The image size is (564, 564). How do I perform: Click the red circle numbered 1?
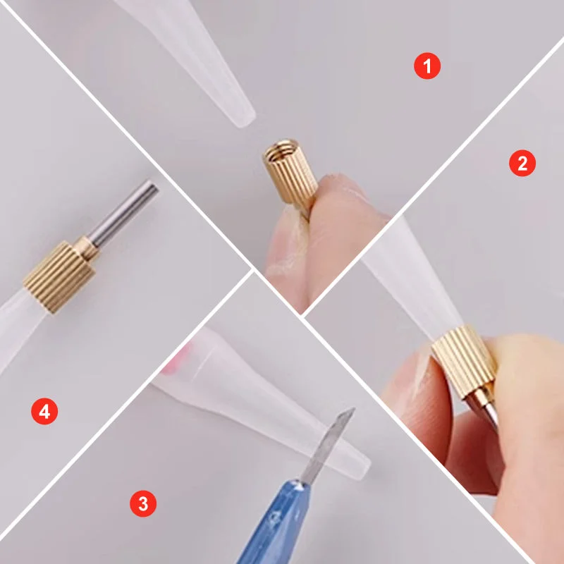click(x=427, y=66)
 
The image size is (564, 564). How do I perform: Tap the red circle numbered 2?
click(x=522, y=164)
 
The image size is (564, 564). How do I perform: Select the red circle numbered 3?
click(x=143, y=503)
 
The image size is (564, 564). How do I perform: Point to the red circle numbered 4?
click(x=44, y=411)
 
